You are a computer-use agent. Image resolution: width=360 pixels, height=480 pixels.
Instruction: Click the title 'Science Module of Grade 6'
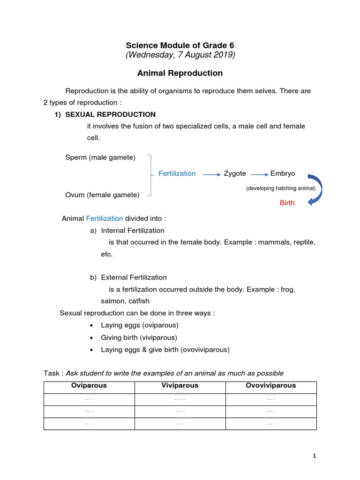[x=180, y=45]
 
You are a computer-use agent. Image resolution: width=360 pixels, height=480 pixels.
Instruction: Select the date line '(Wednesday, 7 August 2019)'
[x=180, y=55]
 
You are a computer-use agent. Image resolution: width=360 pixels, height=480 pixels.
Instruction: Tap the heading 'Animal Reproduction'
[x=180, y=73]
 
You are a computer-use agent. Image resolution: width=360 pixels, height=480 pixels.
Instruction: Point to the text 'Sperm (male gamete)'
[x=100, y=157]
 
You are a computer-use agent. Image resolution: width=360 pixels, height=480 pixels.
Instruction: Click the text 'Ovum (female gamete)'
[x=102, y=195]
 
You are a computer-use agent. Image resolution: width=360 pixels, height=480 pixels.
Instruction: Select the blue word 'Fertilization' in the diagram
[x=177, y=173]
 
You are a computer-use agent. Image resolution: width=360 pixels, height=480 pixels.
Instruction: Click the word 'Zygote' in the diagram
[x=235, y=173]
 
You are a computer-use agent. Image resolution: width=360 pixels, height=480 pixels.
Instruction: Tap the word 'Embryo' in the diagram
[x=283, y=173]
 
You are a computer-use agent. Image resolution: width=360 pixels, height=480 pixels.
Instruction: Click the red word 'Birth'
[x=287, y=203]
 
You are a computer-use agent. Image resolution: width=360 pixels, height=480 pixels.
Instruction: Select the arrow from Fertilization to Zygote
[x=212, y=174]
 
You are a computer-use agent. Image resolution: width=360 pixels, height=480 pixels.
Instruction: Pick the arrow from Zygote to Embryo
[x=260, y=174]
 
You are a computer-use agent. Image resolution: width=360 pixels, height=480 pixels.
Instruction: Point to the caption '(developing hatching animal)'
[x=281, y=188]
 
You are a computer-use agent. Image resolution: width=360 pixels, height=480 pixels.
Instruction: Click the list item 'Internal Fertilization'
[x=133, y=231]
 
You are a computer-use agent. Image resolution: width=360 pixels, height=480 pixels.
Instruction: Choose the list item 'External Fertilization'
[x=134, y=277]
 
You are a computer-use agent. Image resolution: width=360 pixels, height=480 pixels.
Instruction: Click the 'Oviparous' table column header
[x=89, y=386]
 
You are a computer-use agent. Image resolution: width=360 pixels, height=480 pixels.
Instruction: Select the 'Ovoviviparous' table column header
[x=271, y=386]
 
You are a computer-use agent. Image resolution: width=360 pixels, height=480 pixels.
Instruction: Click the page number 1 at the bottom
[x=315, y=456]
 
